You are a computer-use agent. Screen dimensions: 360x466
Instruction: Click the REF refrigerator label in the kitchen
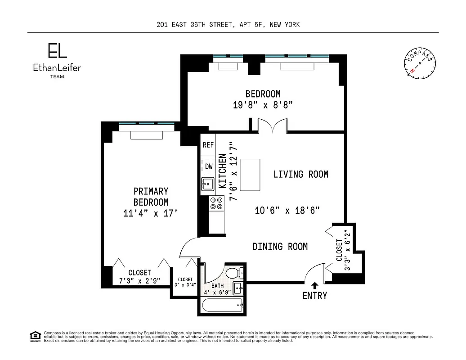[x=208, y=145]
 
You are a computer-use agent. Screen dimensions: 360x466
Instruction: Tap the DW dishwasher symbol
[x=208, y=166]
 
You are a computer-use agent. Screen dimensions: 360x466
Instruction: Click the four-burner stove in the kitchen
[x=216, y=203]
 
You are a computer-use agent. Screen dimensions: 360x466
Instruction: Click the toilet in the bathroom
[x=234, y=273]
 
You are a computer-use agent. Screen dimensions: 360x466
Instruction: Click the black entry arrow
[x=314, y=285]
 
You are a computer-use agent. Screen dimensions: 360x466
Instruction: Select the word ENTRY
[x=314, y=296]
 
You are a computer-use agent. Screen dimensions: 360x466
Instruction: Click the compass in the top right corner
[x=421, y=64]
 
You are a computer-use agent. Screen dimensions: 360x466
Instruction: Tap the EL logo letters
[x=58, y=51]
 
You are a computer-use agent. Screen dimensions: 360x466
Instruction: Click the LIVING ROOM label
[x=300, y=174]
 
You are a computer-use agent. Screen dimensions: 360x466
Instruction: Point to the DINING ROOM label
[x=280, y=246]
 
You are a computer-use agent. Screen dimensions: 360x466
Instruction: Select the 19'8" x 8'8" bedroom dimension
[x=263, y=105]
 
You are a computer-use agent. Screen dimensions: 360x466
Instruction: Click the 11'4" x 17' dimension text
[x=151, y=213]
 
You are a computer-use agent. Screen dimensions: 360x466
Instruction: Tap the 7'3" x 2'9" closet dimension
[x=139, y=281]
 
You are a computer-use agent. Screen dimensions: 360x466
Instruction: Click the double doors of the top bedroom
[x=272, y=126]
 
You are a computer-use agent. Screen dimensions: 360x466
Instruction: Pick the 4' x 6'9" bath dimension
[x=218, y=292]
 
